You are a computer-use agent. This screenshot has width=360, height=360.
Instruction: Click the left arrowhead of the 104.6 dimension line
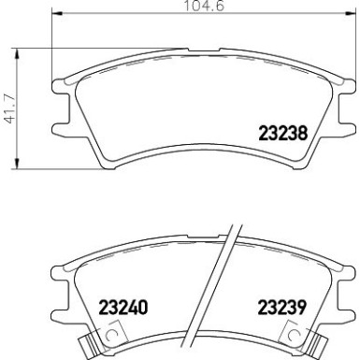point(50,17)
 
